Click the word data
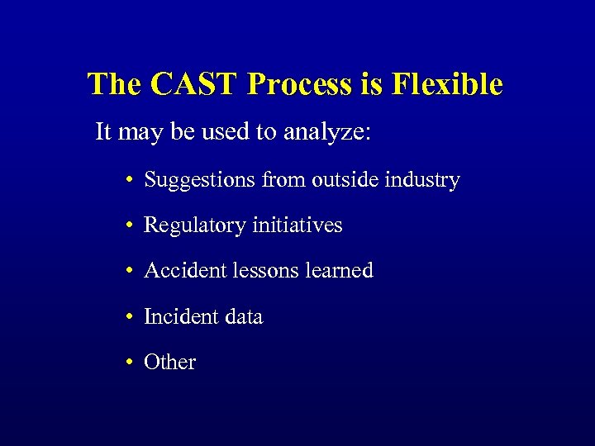pos(240,316)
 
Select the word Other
pos(169,362)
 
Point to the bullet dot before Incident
pos(131,317)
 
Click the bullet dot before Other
pos(131,363)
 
